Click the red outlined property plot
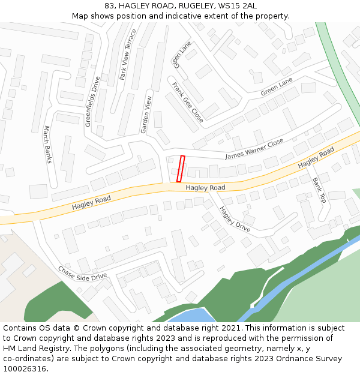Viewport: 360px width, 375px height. click(x=180, y=169)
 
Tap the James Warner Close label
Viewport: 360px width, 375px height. click(x=254, y=149)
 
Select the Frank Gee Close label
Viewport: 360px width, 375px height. click(x=187, y=103)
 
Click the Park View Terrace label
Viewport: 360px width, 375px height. click(x=128, y=54)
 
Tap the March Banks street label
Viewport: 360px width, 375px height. click(x=48, y=145)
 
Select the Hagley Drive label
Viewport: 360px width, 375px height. click(x=235, y=219)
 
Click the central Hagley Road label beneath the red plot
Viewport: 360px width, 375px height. click(x=205, y=188)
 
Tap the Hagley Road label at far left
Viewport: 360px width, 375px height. click(x=91, y=203)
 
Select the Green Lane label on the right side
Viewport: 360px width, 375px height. click(x=277, y=87)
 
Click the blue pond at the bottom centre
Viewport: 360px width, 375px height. click(x=186, y=316)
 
